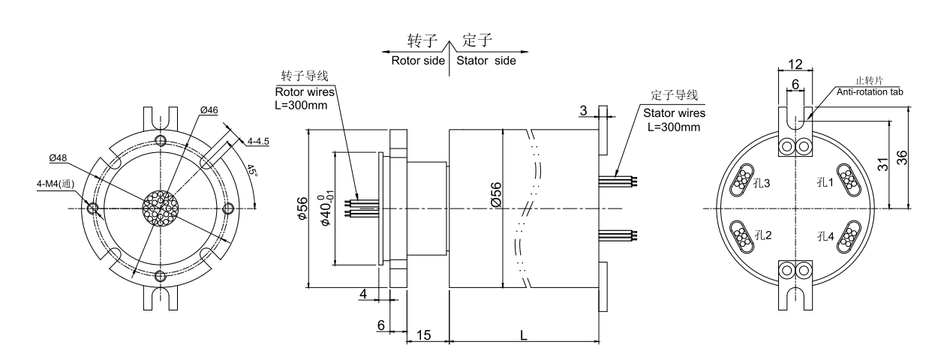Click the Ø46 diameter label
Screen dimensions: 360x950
pyautogui.click(x=209, y=110)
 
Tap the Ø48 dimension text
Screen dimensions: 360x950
pyautogui.click(x=59, y=158)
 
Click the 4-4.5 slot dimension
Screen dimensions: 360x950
pyautogui.click(x=259, y=139)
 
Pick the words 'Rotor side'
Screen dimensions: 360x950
pyautogui.click(x=418, y=60)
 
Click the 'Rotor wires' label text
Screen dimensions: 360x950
pyautogui.click(x=303, y=91)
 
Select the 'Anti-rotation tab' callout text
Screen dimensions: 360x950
pyautogui.click(x=870, y=92)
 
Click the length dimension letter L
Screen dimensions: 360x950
pyautogui.click(x=523, y=335)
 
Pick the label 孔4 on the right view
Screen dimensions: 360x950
pyautogui.click(x=825, y=236)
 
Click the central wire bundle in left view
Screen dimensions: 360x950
pyautogui.click(x=159, y=208)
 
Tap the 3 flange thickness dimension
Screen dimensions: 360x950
pyautogui.click(x=583, y=110)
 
